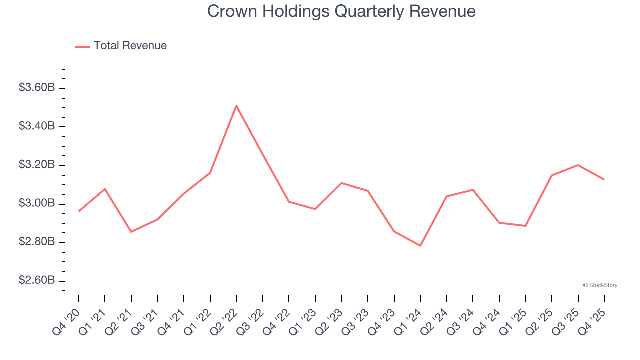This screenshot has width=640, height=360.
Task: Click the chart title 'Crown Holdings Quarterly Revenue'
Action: pyautogui.click(x=341, y=11)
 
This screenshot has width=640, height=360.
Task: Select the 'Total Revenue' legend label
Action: pyautogui.click(x=130, y=46)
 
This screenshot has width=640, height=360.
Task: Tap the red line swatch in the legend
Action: pyautogui.click(x=82, y=46)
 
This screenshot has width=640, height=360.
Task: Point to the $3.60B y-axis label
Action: pyautogui.click(x=37, y=88)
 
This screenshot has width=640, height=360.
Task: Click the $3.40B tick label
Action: pyautogui.click(x=37, y=126)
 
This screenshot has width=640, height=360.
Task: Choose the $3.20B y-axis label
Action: pyautogui.click(x=37, y=165)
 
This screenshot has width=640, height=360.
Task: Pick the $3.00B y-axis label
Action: pyautogui.click(x=37, y=203)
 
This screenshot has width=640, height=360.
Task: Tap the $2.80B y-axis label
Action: pyautogui.click(x=37, y=242)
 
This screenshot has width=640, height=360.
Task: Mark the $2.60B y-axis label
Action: pyautogui.click(x=37, y=281)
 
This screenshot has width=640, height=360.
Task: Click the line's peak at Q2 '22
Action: pyautogui.click(x=236, y=105)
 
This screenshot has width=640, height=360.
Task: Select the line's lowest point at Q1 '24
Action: pyautogui.click(x=420, y=246)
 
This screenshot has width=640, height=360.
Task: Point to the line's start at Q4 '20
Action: pyautogui.click(x=79, y=211)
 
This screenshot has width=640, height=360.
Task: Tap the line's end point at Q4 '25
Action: pyautogui.click(x=604, y=179)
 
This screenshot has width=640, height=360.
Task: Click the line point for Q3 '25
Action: pyautogui.click(x=578, y=165)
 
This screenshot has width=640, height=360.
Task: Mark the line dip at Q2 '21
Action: pyautogui.click(x=131, y=232)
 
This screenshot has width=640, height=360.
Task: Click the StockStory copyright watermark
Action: pyautogui.click(x=600, y=285)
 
